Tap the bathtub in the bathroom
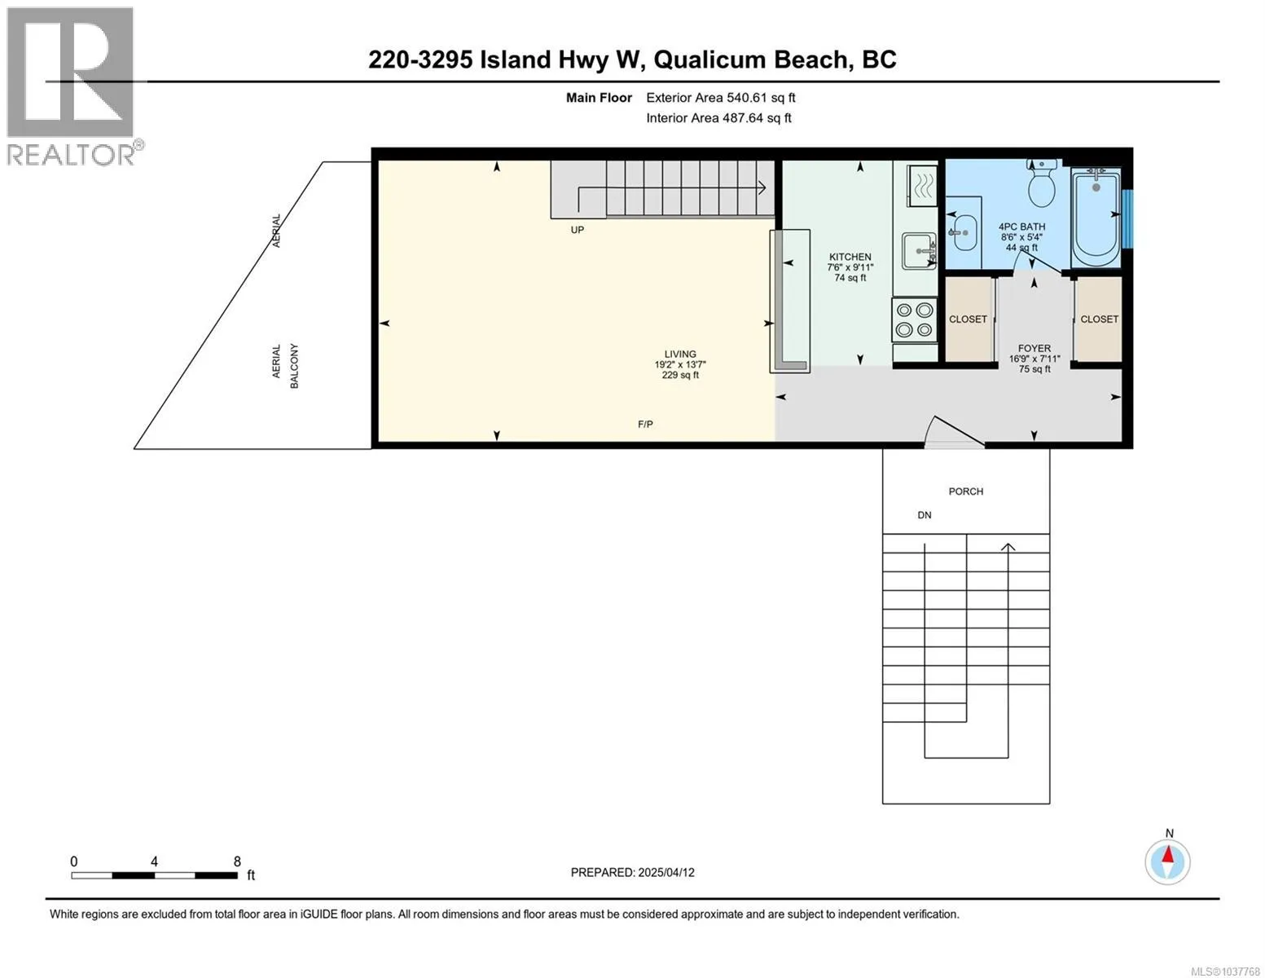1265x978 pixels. [x=1096, y=218]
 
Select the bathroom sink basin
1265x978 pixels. [x=964, y=232]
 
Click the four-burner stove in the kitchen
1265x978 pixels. [x=914, y=319]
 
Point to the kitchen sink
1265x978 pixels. [x=919, y=251]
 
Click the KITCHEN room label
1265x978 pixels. [x=850, y=257]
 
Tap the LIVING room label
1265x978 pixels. [x=680, y=355]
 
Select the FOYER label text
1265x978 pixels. [x=1034, y=348]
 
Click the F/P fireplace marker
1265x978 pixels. [x=645, y=425]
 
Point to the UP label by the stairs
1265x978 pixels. [x=577, y=230]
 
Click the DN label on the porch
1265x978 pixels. [x=925, y=516]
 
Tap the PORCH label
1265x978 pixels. [x=966, y=491]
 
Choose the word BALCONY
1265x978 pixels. [x=294, y=366]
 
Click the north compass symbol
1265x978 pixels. [x=1167, y=862]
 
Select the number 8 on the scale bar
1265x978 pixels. [x=237, y=861]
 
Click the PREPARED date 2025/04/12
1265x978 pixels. [x=666, y=873]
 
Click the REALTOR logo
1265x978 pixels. [x=72, y=86]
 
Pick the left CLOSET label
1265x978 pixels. [x=968, y=319]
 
